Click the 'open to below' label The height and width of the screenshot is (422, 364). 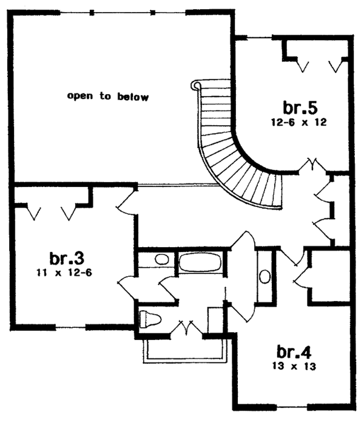click(107, 97)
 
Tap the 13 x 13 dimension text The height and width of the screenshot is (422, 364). click(296, 366)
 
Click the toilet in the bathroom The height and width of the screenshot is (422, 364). click(149, 319)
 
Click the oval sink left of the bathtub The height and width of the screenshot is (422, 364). click(162, 259)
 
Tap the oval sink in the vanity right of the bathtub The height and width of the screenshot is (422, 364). click(265, 276)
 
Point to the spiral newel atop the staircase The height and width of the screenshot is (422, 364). click(195, 86)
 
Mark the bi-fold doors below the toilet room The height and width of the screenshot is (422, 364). click(185, 330)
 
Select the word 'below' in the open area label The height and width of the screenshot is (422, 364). click(134, 97)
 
